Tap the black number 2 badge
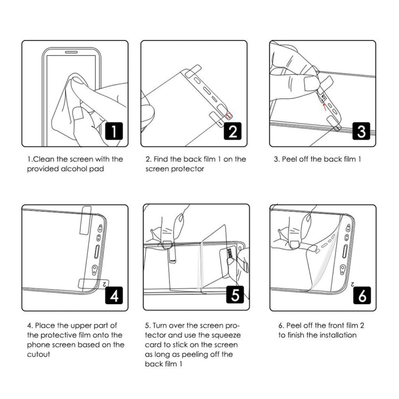pyautogui.click(x=232, y=130)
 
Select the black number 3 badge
pyautogui.click(x=361, y=130)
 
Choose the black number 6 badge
pyautogui.click(x=361, y=294)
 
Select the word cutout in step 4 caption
pyautogui.click(x=39, y=354)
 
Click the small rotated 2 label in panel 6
pyautogui.click(x=354, y=284)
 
